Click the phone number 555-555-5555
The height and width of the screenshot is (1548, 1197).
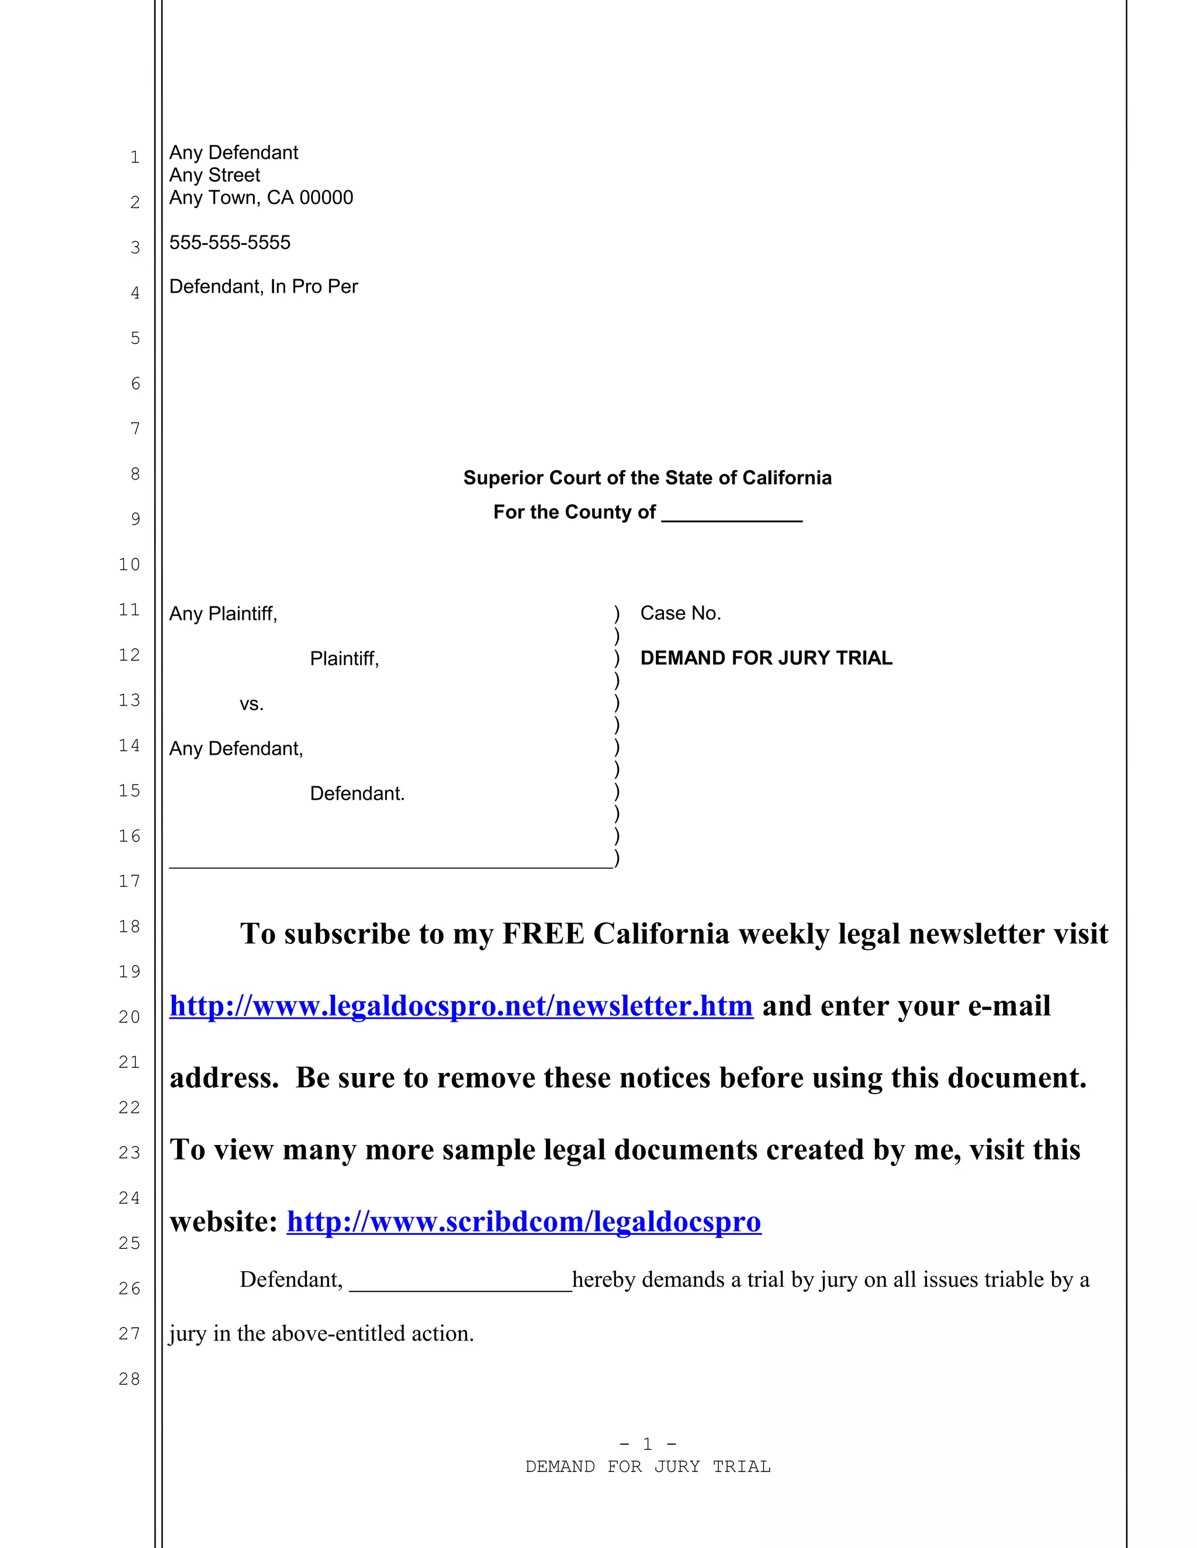(230, 242)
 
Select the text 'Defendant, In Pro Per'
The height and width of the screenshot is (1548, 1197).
(263, 286)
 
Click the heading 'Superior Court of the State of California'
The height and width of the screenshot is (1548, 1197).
(647, 478)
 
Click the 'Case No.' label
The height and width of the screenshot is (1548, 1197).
(680, 613)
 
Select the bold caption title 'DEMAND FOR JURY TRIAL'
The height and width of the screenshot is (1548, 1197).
(766, 658)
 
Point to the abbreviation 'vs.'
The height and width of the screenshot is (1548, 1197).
(251, 704)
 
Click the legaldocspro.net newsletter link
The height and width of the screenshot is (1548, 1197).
(461, 1006)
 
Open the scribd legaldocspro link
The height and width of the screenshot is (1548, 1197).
(523, 1221)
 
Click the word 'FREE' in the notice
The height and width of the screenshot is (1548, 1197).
(543, 933)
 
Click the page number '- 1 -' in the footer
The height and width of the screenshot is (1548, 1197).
(648, 1444)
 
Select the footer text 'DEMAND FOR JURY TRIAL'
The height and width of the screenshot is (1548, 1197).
(648, 1466)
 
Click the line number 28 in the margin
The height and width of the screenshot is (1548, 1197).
(129, 1379)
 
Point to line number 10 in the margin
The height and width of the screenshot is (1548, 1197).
(129, 564)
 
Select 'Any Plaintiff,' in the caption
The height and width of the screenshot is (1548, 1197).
(223, 613)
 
